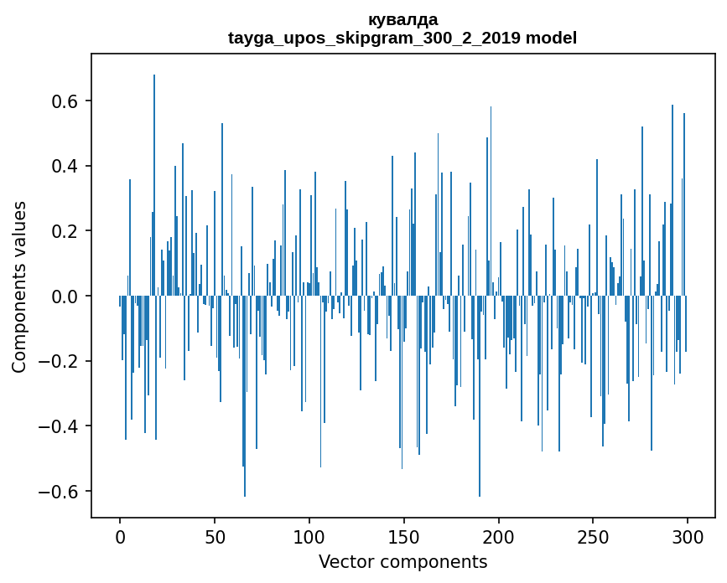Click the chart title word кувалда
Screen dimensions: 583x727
tap(402, 19)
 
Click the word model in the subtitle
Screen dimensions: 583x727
tap(551, 38)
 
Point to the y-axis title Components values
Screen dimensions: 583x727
tap(19, 286)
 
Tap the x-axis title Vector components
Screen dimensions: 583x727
tap(402, 561)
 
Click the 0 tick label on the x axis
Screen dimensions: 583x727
tap(120, 536)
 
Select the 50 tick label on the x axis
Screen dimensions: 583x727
tap(215, 536)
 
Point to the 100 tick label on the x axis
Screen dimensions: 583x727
tap(309, 536)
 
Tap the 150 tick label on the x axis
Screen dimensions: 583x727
tap(404, 536)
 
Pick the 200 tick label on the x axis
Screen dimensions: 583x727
tap(499, 536)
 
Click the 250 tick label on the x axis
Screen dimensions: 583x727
tap(594, 536)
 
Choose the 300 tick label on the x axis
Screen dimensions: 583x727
tap(688, 536)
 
